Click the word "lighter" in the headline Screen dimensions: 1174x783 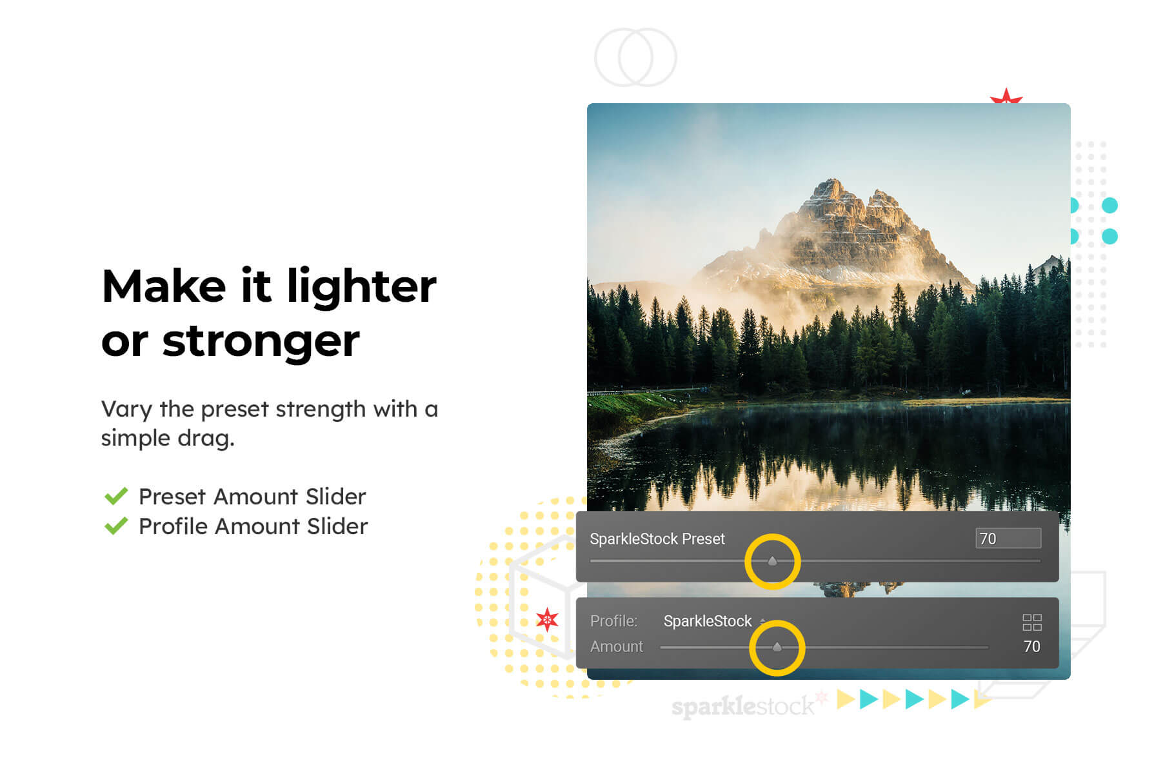click(x=362, y=286)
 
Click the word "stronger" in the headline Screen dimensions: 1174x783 click(x=261, y=342)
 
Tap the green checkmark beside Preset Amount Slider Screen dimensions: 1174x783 click(x=116, y=496)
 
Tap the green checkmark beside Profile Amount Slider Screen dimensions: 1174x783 click(x=116, y=526)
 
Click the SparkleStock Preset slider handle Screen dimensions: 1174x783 click(x=772, y=561)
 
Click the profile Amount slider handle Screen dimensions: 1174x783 click(x=777, y=647)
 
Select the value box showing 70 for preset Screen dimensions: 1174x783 click(x=1008, y=539)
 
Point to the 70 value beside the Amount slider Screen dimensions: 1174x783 click(x=1031, y=646)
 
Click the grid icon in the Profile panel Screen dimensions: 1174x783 click(x=1031, y=622)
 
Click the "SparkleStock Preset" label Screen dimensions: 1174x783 click(x=657, y=539)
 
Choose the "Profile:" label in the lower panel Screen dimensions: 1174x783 click(x=613, y=620)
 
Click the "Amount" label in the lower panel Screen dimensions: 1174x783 click(x=617, y=646)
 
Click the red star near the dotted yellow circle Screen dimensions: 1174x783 click(x=547, y=620)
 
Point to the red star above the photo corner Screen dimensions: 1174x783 click(x=1006, y=97)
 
